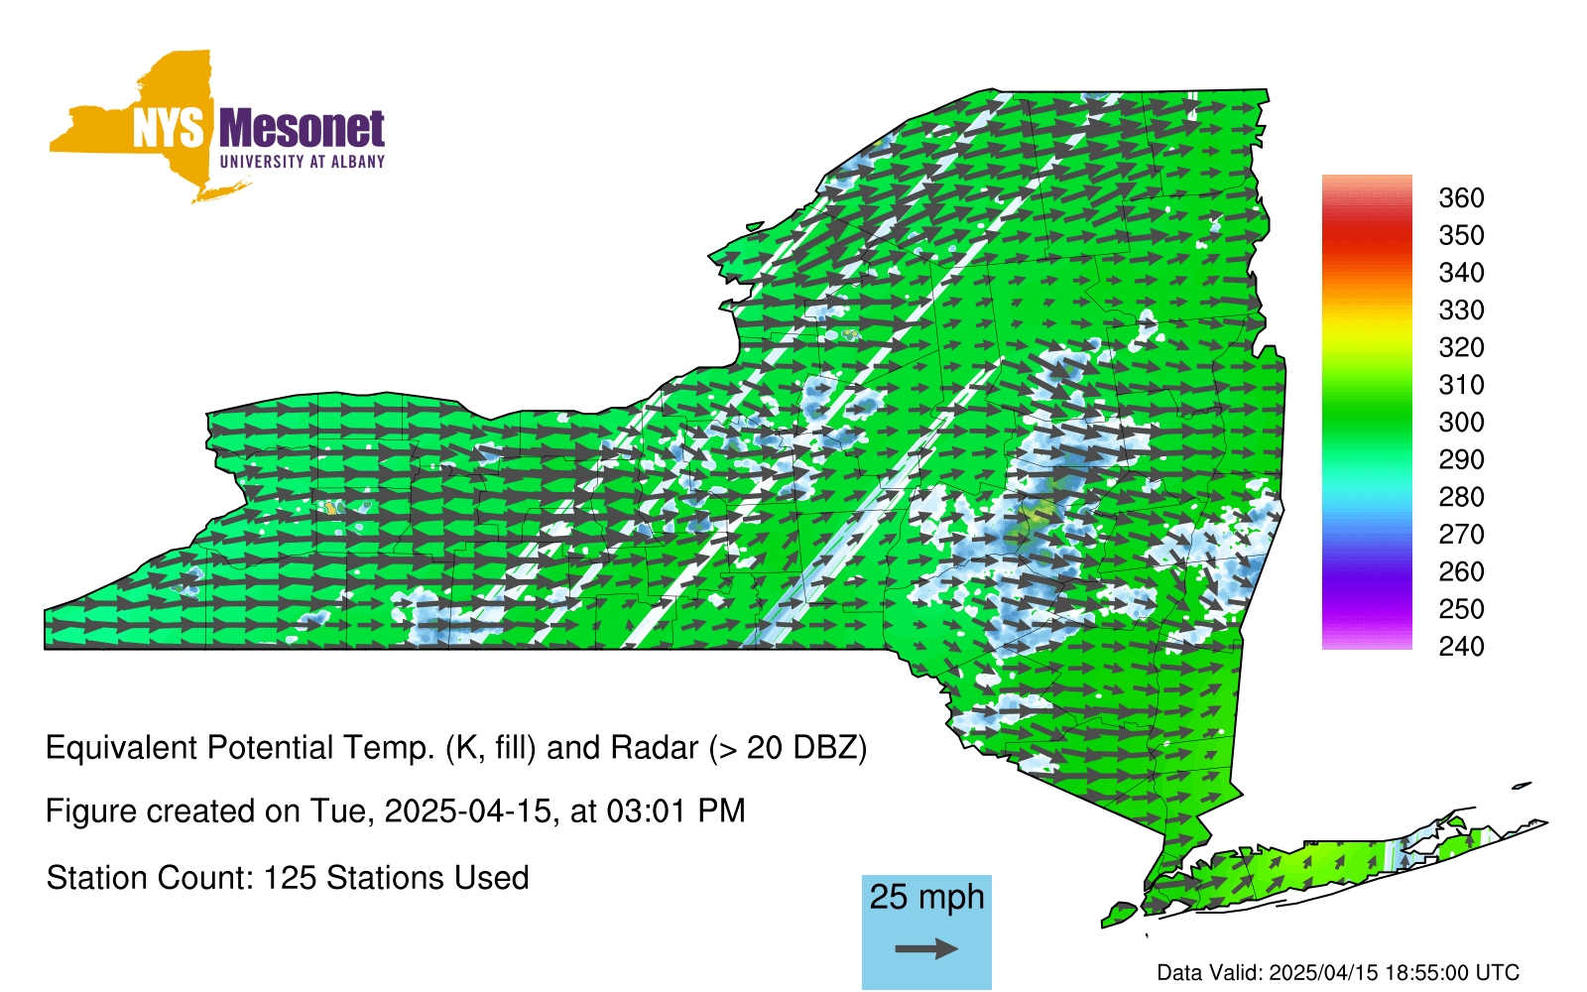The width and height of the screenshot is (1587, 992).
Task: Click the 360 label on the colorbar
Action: coord(1461,197)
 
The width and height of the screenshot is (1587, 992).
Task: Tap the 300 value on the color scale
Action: coord(1461,423)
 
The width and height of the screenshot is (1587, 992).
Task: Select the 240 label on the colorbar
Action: coord(1461,647)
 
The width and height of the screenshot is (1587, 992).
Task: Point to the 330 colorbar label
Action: coord(1461,310)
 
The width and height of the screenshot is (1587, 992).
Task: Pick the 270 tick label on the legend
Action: coord(1461,535)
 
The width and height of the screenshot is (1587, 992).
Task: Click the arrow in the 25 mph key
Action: coord(926,948)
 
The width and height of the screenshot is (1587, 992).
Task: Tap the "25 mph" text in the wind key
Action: coord(926,898)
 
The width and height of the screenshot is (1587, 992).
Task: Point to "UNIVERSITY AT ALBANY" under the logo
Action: coord(303,162)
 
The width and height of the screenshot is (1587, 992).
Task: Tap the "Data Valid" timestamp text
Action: coord(1338,973)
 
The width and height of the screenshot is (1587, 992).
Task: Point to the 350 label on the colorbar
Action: coord(1461,235)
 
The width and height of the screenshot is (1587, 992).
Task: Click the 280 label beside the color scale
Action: coord(1461,497)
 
